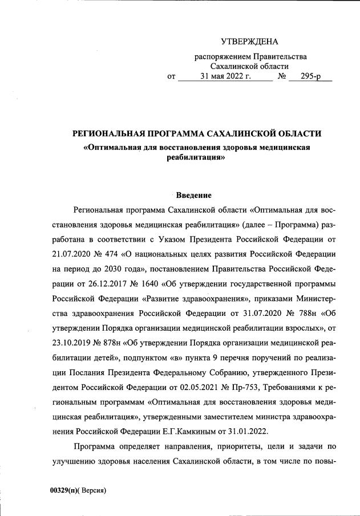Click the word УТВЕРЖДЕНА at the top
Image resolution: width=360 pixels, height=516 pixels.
tap(249, 42)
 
